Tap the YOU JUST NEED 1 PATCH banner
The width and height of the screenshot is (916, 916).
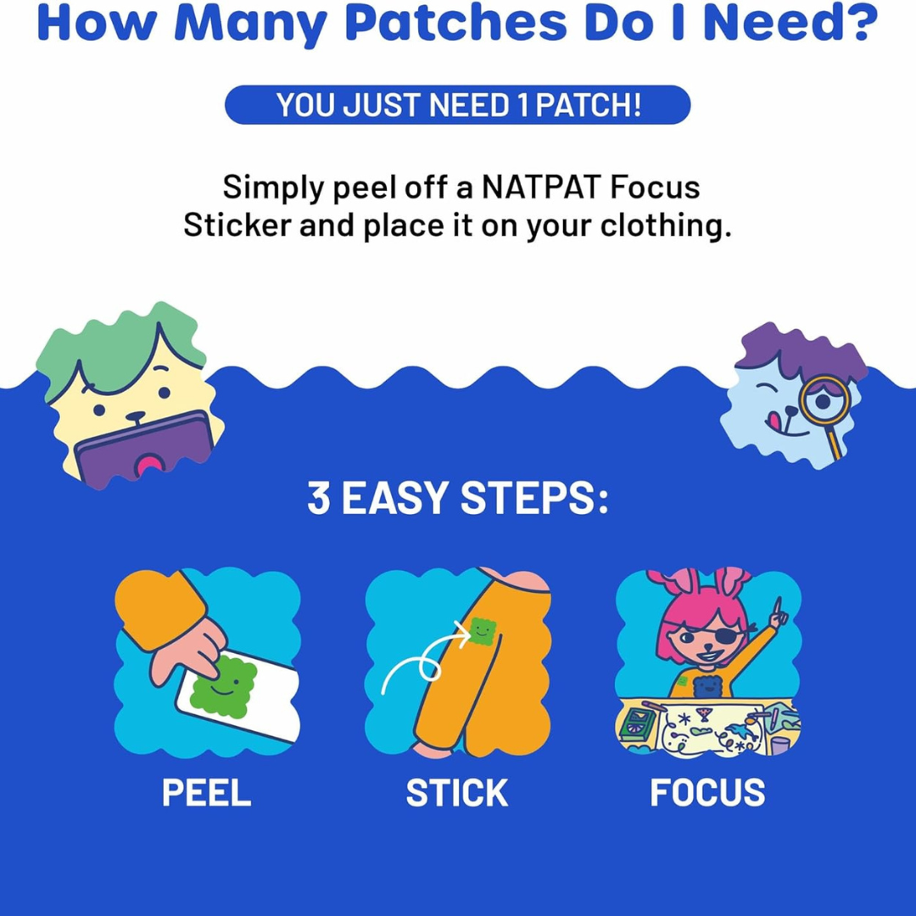pos(457,105)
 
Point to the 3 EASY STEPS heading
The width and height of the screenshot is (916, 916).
pos(457,499)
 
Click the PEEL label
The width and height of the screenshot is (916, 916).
pos(206,793)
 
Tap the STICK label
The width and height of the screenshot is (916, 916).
pos(456,793)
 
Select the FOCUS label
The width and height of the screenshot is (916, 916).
pos(707,793)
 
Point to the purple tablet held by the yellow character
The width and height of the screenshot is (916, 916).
pos(144,450)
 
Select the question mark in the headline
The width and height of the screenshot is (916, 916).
pos(858,24)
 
